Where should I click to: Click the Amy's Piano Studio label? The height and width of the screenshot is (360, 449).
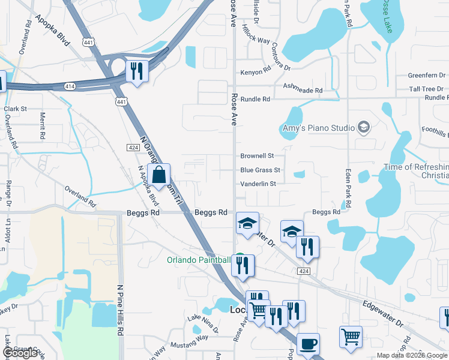[x=319, y=128]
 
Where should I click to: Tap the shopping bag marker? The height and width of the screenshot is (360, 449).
[x=159, y=176]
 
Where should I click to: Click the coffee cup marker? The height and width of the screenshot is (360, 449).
[x=308, y=344]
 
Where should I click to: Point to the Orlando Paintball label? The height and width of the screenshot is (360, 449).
[x=197, y=260]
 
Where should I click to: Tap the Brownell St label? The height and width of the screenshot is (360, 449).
[x=257, y=155]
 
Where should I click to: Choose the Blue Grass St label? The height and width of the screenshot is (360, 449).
[x=260, y=170]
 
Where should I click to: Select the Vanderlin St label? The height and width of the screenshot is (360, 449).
[x=258, y=184]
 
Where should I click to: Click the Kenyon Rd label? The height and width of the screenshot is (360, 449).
[x=256, y=72]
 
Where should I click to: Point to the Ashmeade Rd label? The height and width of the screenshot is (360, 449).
[x=303, y=90]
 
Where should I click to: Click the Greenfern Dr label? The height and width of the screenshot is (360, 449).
[x=426, y=76]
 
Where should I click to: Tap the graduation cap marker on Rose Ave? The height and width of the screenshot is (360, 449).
[x=247, y=224]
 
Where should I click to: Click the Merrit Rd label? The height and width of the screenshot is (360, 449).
[x=42, y=126]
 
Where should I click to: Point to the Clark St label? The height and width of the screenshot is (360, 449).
[x=16, y=109]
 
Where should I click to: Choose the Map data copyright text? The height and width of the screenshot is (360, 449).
[x=412, y=355]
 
